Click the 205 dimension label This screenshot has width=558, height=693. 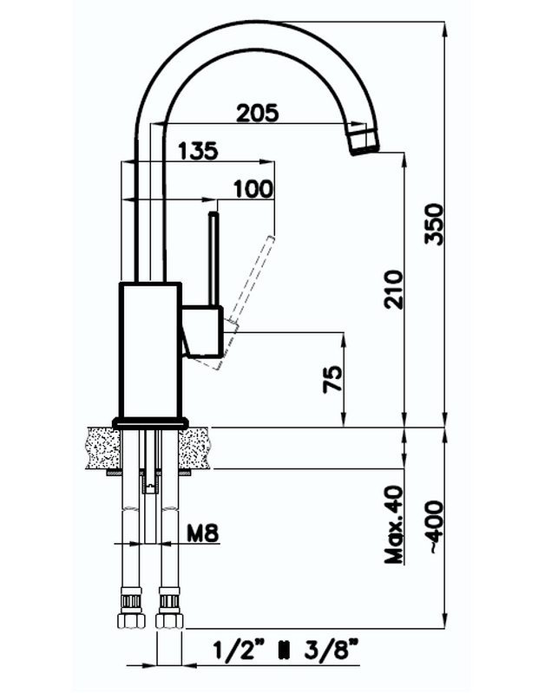[258, 113]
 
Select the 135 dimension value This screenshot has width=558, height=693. [198, 151]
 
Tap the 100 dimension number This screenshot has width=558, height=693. [253, 189]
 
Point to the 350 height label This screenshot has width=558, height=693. [433, 224]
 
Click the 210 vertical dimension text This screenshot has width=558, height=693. [394, 290]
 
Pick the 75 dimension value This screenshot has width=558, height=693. [332, 379]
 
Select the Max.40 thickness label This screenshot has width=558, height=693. [394, 525]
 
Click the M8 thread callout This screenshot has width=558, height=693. [203, 533]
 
